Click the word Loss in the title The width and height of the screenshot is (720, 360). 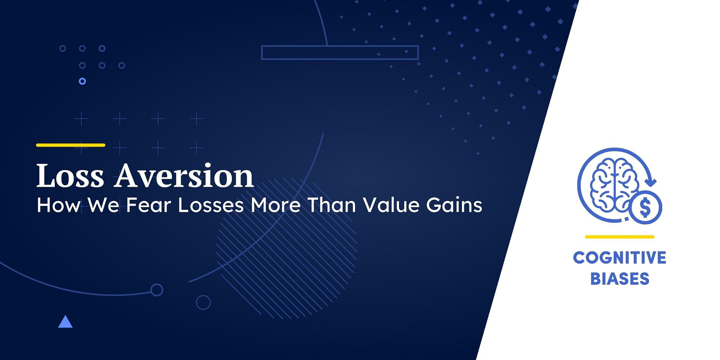click(70, 175)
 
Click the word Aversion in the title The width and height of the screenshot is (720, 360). click(184, 175)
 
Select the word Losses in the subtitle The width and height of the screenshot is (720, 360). click(211, 205)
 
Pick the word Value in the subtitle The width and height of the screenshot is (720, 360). click(391, 205)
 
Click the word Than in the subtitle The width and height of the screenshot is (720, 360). click(331, 205)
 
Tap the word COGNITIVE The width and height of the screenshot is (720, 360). click(619, 258)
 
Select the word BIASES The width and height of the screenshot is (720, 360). click(619, 279)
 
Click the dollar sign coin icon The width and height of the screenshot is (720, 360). click(645, 207)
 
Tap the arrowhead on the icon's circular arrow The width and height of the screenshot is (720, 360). click(652, 183)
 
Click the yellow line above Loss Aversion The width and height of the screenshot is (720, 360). click(70, 145)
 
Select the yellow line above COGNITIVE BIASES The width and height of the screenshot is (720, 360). click(619, 237)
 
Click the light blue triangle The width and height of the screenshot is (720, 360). click(65, 322)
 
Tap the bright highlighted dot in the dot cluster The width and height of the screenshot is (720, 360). click(82, 81)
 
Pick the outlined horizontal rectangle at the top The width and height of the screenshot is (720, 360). click(340, 52)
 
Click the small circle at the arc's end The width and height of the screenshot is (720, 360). click(157, 289)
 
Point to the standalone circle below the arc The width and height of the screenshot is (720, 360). click(203, 302)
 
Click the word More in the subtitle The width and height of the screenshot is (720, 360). click(275, 205)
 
